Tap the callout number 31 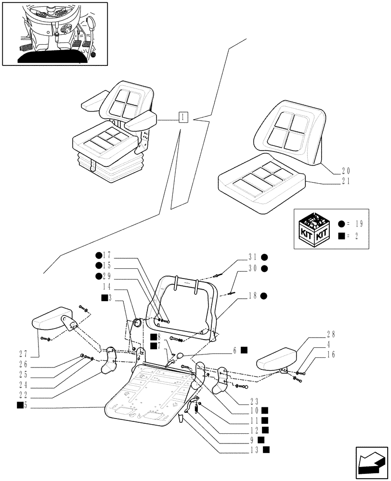(252, 257)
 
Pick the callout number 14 (107, 286)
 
